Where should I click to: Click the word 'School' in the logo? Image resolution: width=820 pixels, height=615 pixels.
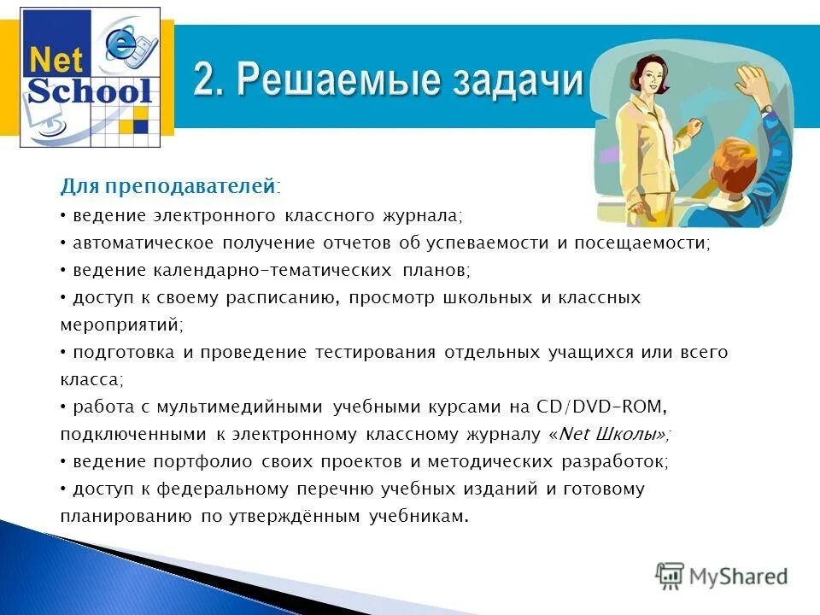click(90, 91)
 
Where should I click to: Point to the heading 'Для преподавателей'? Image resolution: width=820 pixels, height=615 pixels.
click(168, 186)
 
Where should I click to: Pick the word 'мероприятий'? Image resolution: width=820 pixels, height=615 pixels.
click(120, 325)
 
